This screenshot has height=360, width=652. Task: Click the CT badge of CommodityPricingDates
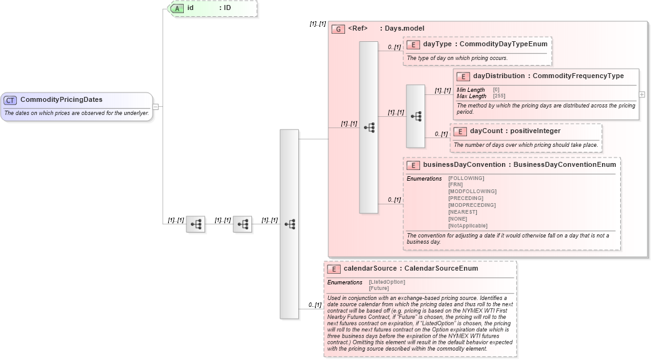coord(10,100)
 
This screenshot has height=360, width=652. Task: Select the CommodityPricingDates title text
coord(61,100)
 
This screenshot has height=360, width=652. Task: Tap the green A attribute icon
coord(177,8)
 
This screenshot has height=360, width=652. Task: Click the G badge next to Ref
coord(338,29)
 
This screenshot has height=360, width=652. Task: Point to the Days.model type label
coord(404,29)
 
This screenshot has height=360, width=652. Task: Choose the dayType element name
coord(437,44)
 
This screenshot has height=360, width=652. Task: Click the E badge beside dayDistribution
coord(463,76)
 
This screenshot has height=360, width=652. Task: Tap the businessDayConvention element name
coord(463,165)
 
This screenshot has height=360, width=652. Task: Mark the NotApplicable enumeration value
coord(468,226)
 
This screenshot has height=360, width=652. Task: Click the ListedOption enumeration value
coord(387,282)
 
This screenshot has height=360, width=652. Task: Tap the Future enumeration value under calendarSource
coord(379,288)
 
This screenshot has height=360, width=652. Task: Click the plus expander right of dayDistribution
coord(642,94)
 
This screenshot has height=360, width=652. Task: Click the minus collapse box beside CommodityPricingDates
coord(156,107)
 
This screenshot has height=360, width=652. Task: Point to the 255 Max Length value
coord(499,96)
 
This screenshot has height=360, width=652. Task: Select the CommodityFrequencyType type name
coord(578,76)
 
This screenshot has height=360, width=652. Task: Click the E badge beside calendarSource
coord(334,269)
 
